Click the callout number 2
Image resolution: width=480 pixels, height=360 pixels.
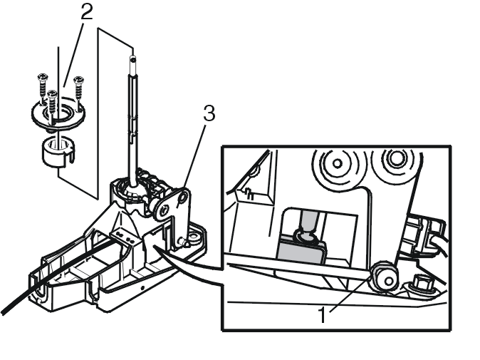click(87, 12)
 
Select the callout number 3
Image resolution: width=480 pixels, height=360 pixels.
click(209, 113)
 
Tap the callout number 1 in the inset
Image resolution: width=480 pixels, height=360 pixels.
click(322, 314)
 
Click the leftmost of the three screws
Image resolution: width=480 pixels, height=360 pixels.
click(42, 87)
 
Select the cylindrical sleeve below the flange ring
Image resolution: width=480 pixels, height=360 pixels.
click(58, 152)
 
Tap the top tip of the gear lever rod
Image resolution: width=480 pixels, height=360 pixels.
click(132, 57)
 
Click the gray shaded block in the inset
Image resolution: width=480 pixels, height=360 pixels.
click(301, 250)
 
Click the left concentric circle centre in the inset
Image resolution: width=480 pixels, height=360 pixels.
click(337, 163)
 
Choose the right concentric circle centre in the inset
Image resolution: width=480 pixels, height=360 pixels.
click(397, 158)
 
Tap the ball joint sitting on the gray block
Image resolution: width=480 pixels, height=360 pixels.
click(306, 236)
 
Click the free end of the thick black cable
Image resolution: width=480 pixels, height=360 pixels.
click(3, 312)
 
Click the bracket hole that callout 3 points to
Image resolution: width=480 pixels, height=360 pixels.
click(183, 197)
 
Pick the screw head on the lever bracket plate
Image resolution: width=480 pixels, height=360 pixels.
click(165, 210)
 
